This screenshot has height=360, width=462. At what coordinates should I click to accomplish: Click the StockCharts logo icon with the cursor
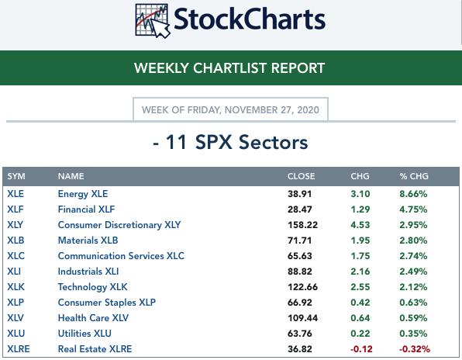tap(153, 20)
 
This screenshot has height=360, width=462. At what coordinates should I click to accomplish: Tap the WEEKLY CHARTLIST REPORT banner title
tap(229, 67)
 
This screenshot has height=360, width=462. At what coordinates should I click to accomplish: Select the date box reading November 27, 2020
tap(230, 109)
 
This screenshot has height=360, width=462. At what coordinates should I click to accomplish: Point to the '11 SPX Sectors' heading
tap(230, 142)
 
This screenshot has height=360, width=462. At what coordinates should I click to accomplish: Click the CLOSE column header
tap(301, 176)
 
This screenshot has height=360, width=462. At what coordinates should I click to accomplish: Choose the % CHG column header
tap(414, 176)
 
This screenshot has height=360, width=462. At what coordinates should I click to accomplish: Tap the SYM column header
tap(16, 176)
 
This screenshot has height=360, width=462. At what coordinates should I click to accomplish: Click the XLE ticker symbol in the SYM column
tap(16, 194)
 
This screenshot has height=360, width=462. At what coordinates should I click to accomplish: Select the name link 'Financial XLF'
tap(86, 209)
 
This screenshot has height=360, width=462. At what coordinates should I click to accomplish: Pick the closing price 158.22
tap(302, 225)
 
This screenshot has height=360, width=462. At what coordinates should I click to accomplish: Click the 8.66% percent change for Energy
tap(413, 194)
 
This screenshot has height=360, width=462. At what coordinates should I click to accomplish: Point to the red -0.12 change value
tap(361, 349)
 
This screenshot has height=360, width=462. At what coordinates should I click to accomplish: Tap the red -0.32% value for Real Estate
tap(415, 349)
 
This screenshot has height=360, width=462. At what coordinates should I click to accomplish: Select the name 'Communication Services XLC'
tap(121, 256)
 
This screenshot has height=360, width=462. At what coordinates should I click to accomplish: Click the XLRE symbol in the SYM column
tap(19, 349)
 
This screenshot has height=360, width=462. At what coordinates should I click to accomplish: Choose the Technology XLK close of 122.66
tap(302, 287)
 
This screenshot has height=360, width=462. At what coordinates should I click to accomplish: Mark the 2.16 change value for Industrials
tap(360, 272)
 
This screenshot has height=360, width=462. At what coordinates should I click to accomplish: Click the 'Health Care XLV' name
tap(93, 318)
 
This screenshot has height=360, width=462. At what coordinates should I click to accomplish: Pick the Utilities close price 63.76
tap(300, 334)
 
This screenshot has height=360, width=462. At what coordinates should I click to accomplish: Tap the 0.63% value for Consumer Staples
tap(413, 303)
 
